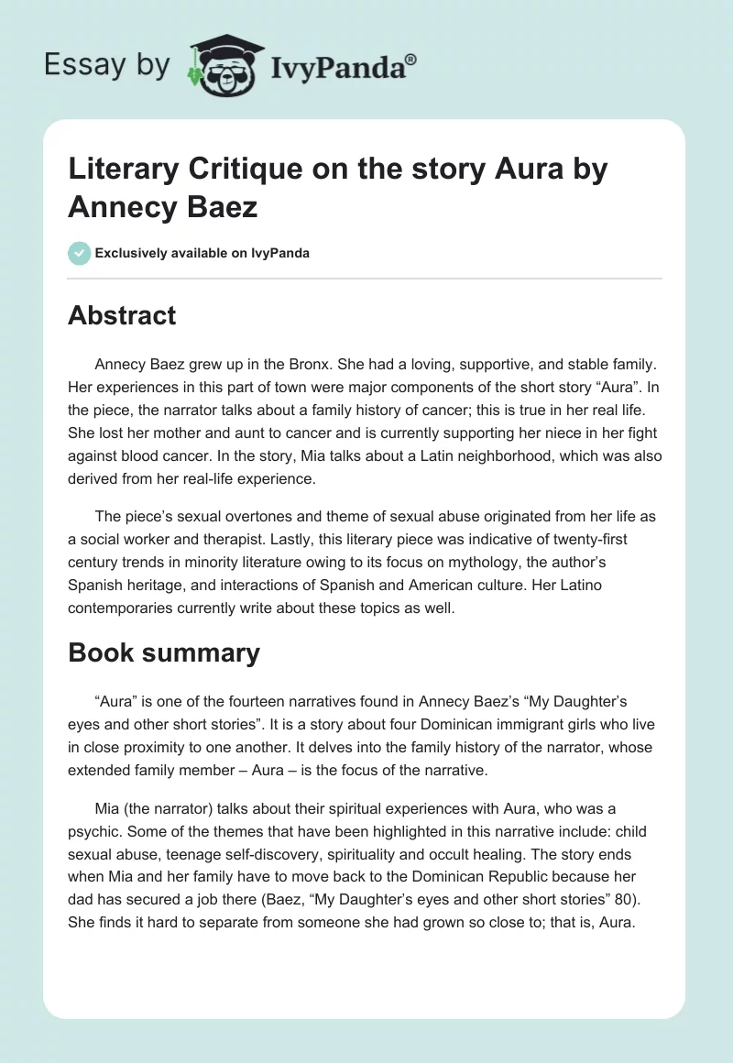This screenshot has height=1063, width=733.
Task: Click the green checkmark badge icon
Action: tap(79, 253)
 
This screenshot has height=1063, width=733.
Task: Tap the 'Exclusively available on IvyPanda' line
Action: tap(202, 253)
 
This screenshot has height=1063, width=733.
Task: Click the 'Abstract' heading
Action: tap(122, 315)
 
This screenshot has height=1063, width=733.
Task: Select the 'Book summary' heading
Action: tap(164, 652)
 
